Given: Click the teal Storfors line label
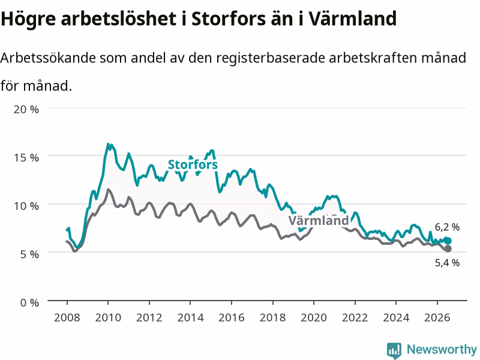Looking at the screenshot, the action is (193, 164).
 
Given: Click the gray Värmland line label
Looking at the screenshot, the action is (319, 220).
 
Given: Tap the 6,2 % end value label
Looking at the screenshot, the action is (447, 227).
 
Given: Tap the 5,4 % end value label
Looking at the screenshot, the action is (447, 263).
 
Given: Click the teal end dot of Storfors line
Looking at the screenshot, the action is (448, 241).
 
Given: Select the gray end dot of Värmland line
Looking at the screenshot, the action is (448, 249).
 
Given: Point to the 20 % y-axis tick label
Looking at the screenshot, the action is (26, 109).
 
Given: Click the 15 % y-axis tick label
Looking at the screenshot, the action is (26, 158).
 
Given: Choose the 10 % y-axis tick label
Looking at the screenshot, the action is (26, 206).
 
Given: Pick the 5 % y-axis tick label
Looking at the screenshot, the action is (29, 254).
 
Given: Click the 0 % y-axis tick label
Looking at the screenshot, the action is (29, 303).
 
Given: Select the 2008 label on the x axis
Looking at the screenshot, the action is (67, 317).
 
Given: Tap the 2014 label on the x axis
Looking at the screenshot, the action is (190, 317).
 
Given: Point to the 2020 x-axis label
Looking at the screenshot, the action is (314, 317).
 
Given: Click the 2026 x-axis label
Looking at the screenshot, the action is (437, 317).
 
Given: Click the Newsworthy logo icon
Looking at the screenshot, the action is (394, 350).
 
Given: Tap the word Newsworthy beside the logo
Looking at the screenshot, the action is (442, 349).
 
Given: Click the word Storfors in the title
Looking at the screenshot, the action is (229, 19).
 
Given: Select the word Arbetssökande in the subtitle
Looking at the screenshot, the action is (48, 58).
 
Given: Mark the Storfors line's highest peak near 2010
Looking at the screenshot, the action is (108, 143).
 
